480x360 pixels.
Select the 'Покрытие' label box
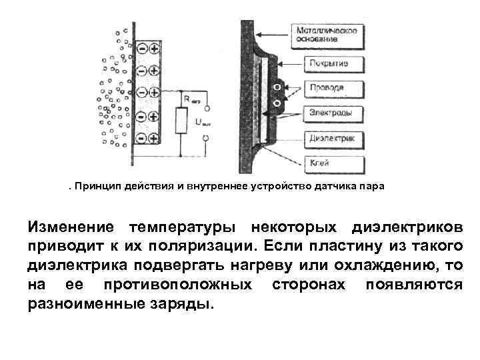[x=328, y=65]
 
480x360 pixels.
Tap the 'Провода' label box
[x=327, y=88]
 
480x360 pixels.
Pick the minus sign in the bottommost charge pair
[x=142, y=139]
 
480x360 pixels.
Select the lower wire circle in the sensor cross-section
[x=277, y=103]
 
